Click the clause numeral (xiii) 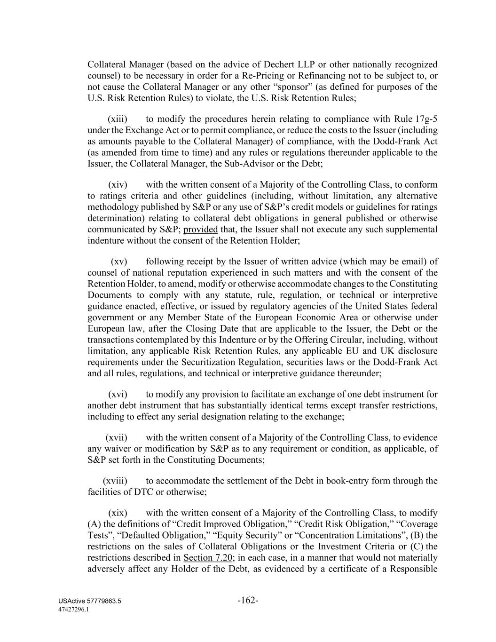coord(118,119)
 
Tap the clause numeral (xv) coord(119,262)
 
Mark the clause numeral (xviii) coord(115,481)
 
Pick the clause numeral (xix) coord(118,513)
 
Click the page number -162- coord(248,601)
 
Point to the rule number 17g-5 coord(426,119)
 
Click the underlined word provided coord(200,230)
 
